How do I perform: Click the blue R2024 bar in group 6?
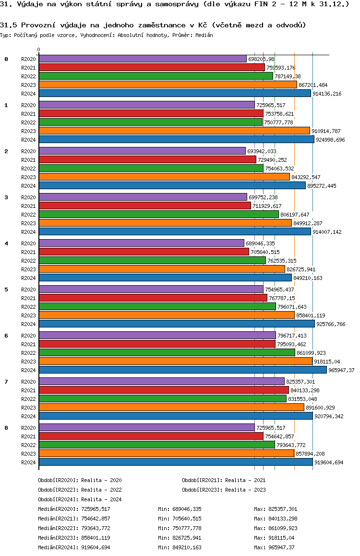(182, 370)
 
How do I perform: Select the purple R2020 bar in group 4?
(141, 243)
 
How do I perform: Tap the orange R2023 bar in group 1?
(174, 131)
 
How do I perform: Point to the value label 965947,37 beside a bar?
(343, 370)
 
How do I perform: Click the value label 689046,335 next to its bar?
(261, 243)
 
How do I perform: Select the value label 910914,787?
(326, 131)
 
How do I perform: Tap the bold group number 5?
(6, 290)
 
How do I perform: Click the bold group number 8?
(6, 428)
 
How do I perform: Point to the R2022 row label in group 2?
(29, 169)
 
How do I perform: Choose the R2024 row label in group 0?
(29, 94)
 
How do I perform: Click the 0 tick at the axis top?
(39, 49)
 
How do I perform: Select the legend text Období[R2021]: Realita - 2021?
(224, 480)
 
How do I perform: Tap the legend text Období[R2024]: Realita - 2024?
(80, 499)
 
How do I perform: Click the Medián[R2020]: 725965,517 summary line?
(74, 509)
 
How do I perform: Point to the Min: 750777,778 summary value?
(180, 528)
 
